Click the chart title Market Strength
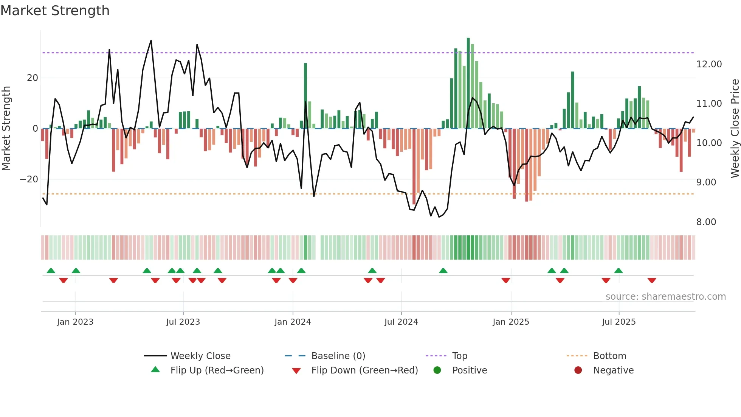click(55, 11)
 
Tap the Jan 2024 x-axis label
click(293, 322)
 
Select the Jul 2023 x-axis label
click(183, 322)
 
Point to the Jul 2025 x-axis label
click(619, 322)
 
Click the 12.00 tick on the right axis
click(709, 64)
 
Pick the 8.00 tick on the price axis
click(706, 222)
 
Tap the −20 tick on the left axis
click(29, 179)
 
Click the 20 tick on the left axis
click(33, 78)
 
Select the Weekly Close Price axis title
click(735, 129)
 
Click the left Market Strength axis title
click(6, 129)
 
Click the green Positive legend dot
click(437, 370)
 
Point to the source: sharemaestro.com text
click(665, 297)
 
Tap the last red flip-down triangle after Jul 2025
click(652, 280)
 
